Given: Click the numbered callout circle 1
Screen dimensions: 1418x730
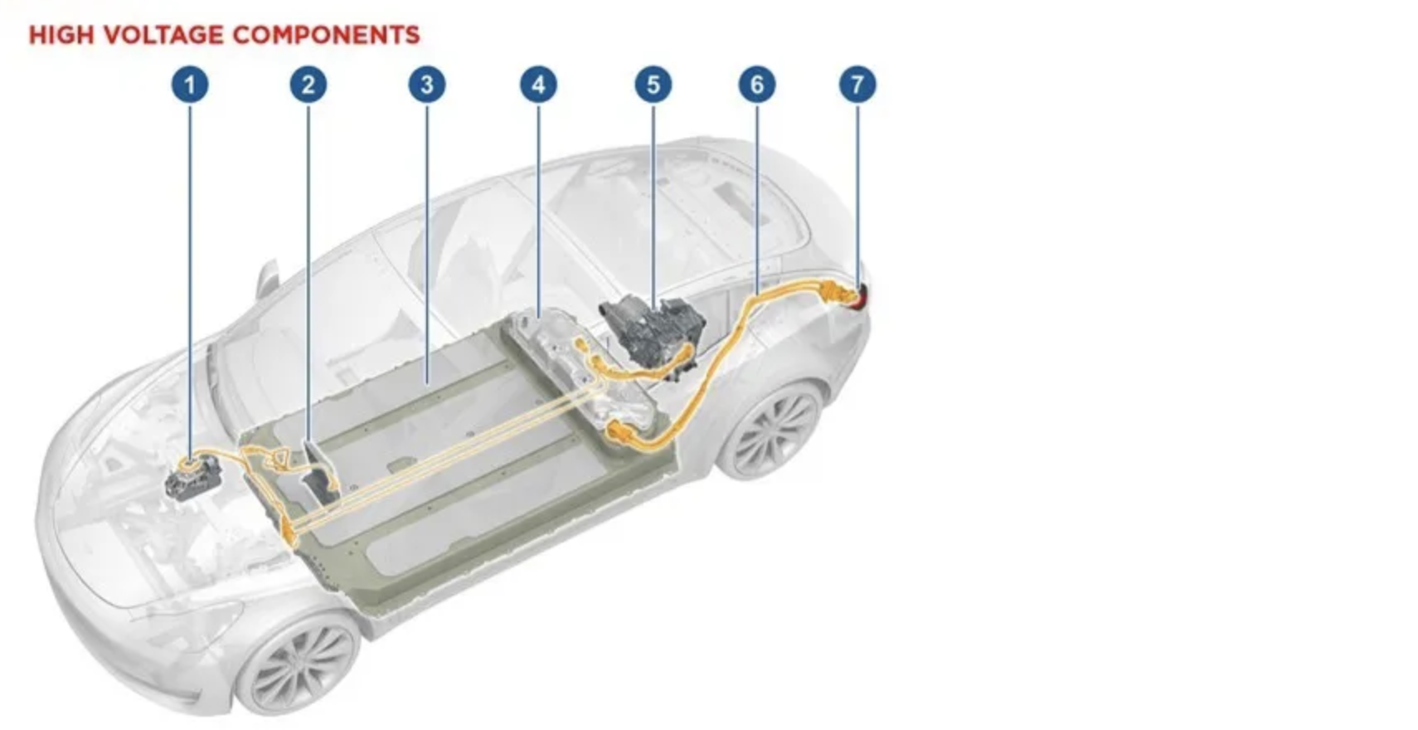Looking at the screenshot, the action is pyautogui.click(x=190, y=85).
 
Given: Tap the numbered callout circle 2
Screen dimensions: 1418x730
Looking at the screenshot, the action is pyautogui.click(x=308, y=85).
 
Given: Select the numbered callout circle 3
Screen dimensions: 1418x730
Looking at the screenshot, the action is pyautogui.click(x=427, y=85).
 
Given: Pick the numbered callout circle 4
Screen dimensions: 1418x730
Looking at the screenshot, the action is pyautogui.click(x=539, y=85).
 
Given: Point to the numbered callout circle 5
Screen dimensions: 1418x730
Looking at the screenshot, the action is pyautogui.click(x=653, y=85).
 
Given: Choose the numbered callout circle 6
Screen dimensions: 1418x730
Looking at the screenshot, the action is pyautogui.click(x=757, y=85).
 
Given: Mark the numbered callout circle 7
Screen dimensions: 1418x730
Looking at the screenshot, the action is pyautogui.click(x=857, y=85).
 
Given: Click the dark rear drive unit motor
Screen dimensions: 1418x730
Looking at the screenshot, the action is pyautogui.click(x=652, y=333).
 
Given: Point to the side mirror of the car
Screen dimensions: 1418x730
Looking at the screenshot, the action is pyautogui.click(x=267, y=279).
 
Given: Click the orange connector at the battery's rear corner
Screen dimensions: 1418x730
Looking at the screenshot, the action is pyautogui.click(x=620, y=434).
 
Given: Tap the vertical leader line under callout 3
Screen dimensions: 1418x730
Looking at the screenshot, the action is pyautogui.click(x=427, y=244).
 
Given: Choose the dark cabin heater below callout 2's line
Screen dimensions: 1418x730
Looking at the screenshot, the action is pyautogui.click(x=320, y=472).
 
